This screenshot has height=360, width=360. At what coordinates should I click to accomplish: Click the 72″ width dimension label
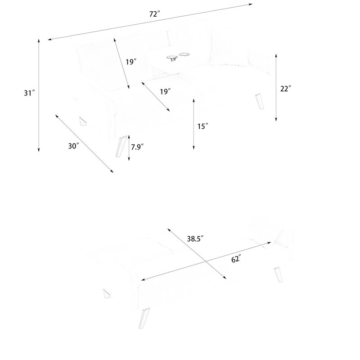[x=154, y=14]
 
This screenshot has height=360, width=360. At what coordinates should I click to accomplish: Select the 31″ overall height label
[x=29, y=93]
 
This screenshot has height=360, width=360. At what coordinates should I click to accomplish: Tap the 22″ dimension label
[x=286, y=88]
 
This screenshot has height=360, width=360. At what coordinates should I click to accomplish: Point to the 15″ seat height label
[x=203, y=126]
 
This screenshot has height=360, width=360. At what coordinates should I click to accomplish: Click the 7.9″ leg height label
[x=138, y=147]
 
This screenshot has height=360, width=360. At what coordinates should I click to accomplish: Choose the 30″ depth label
[x=74, y=146]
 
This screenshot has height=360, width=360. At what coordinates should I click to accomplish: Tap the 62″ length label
[x=236, y=259]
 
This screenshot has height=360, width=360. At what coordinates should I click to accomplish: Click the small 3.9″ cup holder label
[x=173, y=60]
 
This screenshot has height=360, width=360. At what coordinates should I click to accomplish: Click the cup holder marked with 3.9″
[x=172, y=57]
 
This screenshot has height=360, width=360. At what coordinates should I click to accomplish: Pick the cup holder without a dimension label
[x=184, y=54]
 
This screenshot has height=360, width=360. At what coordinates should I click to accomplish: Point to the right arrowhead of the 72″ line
[x=252, y=4]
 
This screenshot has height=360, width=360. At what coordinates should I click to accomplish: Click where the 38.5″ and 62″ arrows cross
[x=205, y=261]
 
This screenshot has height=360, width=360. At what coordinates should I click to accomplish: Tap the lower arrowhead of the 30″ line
[x=112, y=172]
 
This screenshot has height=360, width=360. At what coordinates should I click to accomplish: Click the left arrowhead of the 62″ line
[x=142, y=280]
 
